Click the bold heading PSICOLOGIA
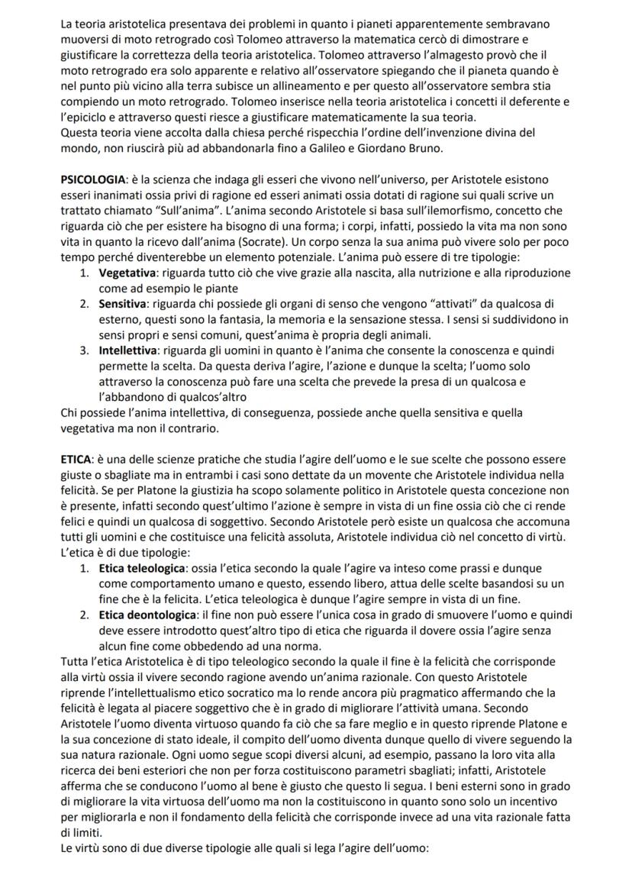pos(93,179)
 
